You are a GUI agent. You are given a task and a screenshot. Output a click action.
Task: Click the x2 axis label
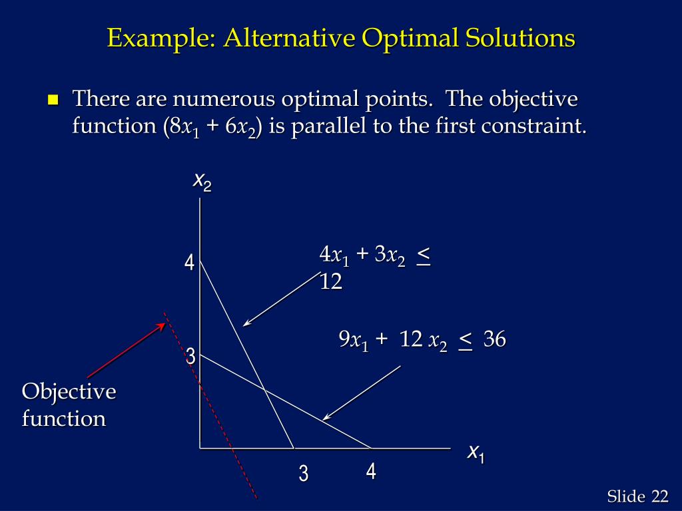202,181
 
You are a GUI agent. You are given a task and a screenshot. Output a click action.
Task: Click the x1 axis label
476,454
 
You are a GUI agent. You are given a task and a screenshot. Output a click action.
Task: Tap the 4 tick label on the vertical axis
190,263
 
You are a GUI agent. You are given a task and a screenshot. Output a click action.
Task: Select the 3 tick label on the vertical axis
190,357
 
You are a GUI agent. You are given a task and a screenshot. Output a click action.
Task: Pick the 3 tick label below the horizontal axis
304,474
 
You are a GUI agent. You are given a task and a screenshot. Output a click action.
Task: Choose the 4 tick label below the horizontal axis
371,472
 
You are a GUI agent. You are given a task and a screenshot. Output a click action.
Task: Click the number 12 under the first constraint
331,282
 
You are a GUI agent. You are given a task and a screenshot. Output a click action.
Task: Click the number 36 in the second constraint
495,340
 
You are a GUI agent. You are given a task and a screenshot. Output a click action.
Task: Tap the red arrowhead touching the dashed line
162,325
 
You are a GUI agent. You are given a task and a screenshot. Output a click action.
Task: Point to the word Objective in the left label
69,392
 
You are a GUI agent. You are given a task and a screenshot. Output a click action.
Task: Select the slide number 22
659,496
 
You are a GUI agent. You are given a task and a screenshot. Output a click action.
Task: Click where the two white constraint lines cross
264,389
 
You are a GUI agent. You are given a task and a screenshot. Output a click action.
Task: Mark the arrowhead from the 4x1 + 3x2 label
246,324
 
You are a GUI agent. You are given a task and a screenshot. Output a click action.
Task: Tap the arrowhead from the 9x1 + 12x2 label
325,418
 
